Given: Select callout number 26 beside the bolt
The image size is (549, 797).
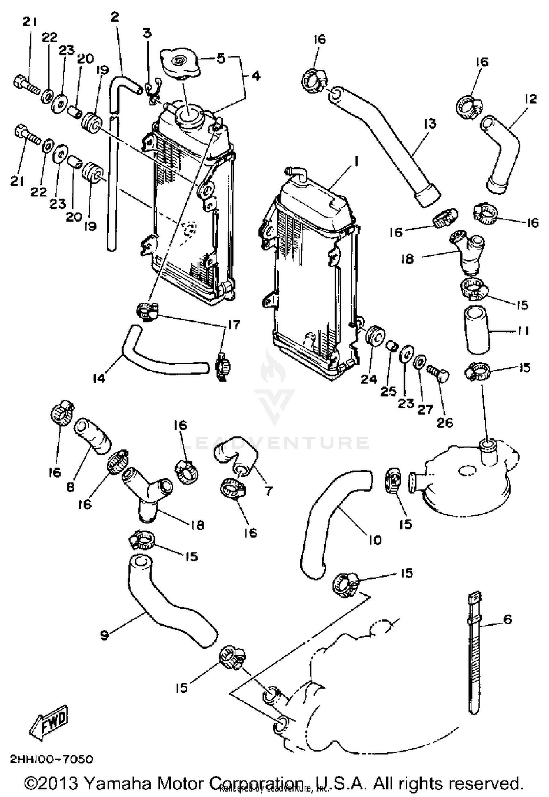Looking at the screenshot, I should point(445,423).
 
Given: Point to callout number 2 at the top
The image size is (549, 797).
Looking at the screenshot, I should point(115,16).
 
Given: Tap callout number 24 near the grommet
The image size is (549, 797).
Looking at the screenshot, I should point(369,379).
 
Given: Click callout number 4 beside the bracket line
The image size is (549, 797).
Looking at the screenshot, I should point(256,76).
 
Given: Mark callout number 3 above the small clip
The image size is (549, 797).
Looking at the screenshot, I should point(147,33).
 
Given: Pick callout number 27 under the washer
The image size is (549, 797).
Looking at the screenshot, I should point(425,409).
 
